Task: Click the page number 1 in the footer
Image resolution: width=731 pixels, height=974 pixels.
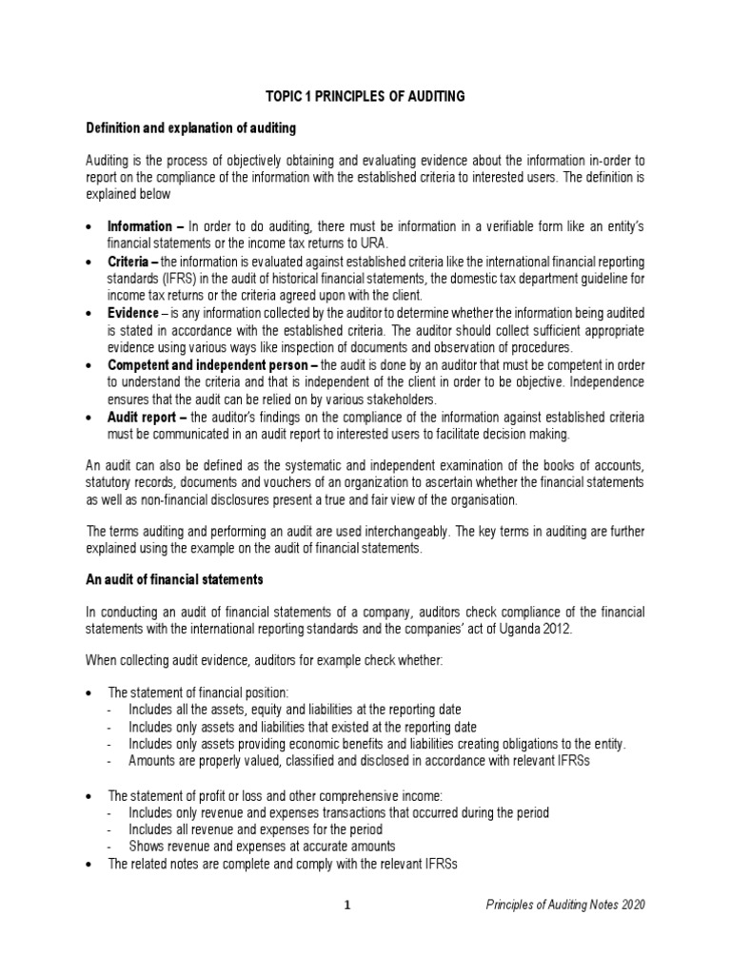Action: pyautogui.click(x=348, y=905)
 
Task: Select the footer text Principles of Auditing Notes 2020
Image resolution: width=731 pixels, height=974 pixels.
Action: pyautogui.click(x=559, y=905)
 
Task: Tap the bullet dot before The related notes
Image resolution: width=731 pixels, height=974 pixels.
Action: pyautogui.click(x=89, y=864)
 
